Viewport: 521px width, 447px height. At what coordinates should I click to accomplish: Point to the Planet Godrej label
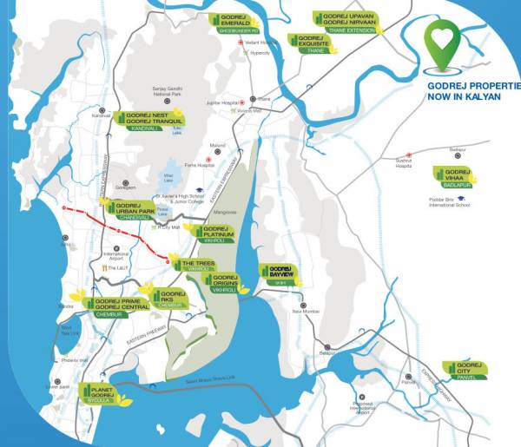point(103,395)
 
